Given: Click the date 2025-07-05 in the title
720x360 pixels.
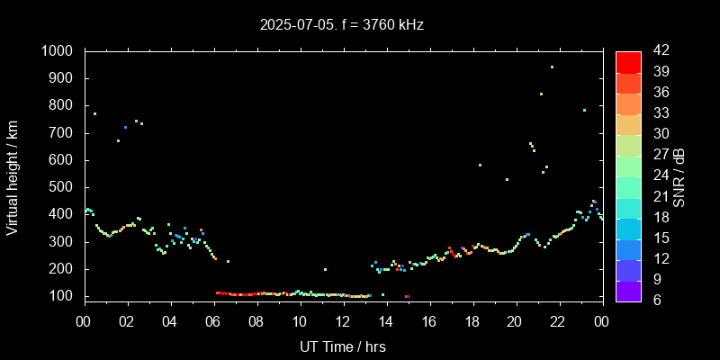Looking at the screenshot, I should click(294, 24).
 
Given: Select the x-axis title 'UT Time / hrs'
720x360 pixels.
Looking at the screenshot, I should click(343, 346).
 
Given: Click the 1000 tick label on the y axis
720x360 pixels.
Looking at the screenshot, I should click(59, 51).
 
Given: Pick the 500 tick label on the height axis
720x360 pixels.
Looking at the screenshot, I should click(64, 187).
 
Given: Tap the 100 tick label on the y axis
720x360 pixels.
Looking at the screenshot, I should click(64, 296).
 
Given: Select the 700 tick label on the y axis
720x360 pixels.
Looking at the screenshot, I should click(64, 133).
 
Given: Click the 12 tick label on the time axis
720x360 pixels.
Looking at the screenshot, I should click(343, 321).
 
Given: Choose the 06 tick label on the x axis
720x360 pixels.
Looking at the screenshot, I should click(213, 321).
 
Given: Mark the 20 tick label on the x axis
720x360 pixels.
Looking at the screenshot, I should click(515, 321).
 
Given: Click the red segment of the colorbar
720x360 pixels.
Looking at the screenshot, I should click(628, 61).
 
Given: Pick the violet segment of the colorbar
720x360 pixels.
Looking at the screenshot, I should click(628, 290).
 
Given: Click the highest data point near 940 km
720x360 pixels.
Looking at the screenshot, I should click(552, 67).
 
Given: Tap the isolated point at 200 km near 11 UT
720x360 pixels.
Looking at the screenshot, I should click(325, 269).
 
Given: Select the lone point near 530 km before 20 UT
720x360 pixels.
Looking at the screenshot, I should click(507, 179).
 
